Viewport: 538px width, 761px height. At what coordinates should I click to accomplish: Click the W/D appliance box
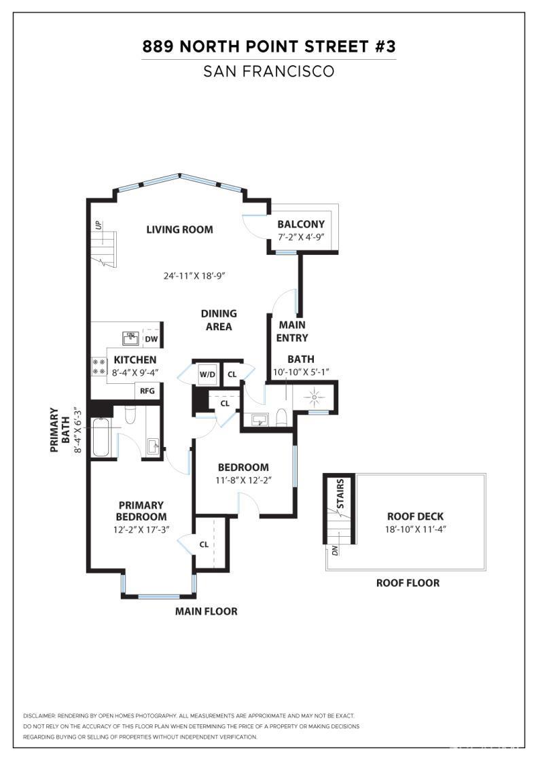207,374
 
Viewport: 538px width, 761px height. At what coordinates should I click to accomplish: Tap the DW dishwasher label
151,339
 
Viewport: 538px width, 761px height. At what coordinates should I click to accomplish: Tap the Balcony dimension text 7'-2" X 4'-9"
300,237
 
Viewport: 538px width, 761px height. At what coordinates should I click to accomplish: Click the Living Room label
179,230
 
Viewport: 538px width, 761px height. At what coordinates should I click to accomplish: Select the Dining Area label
219,320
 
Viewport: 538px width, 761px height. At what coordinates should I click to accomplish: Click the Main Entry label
292,331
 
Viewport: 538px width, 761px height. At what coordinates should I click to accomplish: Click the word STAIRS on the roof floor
340,494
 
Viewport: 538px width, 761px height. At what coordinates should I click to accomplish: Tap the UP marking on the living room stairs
98,224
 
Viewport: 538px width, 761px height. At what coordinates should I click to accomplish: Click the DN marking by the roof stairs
335,550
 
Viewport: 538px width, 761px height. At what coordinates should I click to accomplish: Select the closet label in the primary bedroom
204,544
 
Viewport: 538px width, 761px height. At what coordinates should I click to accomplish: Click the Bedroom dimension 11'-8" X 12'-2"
243,480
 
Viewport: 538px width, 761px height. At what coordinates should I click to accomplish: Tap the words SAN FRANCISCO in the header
269,71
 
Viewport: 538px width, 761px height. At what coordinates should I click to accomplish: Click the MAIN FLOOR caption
207,611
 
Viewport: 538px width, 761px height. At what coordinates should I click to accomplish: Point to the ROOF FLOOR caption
408,583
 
